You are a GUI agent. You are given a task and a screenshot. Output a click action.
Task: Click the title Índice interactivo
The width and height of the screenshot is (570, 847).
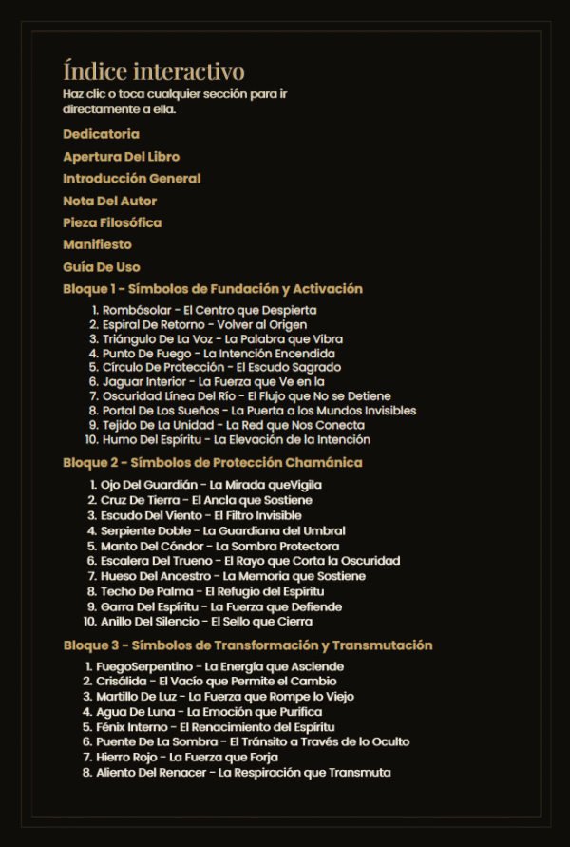[153, 71]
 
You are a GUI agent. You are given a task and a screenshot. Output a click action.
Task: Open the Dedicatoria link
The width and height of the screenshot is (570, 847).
[101, 134]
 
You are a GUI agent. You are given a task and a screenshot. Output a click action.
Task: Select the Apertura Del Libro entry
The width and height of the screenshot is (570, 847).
[121, 156]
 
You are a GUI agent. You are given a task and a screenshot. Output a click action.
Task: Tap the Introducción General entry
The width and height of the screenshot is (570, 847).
[131, 178]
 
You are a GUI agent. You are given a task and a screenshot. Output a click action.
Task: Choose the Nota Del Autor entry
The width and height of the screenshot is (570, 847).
[109, 201]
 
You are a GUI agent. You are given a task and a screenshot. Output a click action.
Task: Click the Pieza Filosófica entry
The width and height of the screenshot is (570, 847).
[112, 222]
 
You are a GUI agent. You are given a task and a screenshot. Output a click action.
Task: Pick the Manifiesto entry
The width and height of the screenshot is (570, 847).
[97, 244]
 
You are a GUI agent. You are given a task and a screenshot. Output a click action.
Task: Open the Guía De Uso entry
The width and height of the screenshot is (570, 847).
[101, 267]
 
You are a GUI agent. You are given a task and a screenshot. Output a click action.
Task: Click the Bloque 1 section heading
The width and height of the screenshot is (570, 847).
[213, 289]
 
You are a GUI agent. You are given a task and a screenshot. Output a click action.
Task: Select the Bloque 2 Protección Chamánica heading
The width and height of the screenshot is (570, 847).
[213, 463]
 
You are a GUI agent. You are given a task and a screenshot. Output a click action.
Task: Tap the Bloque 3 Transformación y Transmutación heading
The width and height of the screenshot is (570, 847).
[247, 645]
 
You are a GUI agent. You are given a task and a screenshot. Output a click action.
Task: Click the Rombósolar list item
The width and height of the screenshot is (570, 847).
[209, 310]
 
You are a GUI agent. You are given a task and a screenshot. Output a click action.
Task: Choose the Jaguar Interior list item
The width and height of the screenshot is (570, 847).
[214, 382]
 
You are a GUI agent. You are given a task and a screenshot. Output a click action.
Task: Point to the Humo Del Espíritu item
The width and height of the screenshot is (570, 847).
[236, 440]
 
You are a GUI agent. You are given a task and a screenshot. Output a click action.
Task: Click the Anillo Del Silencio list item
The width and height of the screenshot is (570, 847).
[206, 622]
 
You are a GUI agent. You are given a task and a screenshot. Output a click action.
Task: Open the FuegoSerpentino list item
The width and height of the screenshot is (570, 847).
[219, 667]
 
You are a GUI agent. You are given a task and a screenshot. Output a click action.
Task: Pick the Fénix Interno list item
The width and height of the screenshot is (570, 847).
[215, 726]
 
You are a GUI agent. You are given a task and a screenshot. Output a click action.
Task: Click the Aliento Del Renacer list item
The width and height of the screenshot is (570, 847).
[242, 773]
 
